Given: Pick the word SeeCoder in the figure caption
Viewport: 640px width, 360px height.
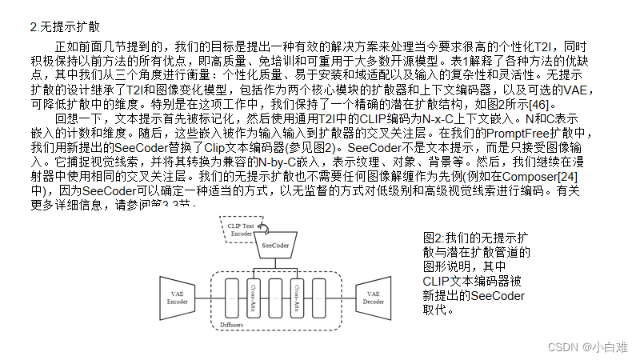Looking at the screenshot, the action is click(x=498, y=296).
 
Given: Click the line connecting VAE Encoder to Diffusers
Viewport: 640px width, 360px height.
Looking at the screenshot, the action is click(x=202, y=294).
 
